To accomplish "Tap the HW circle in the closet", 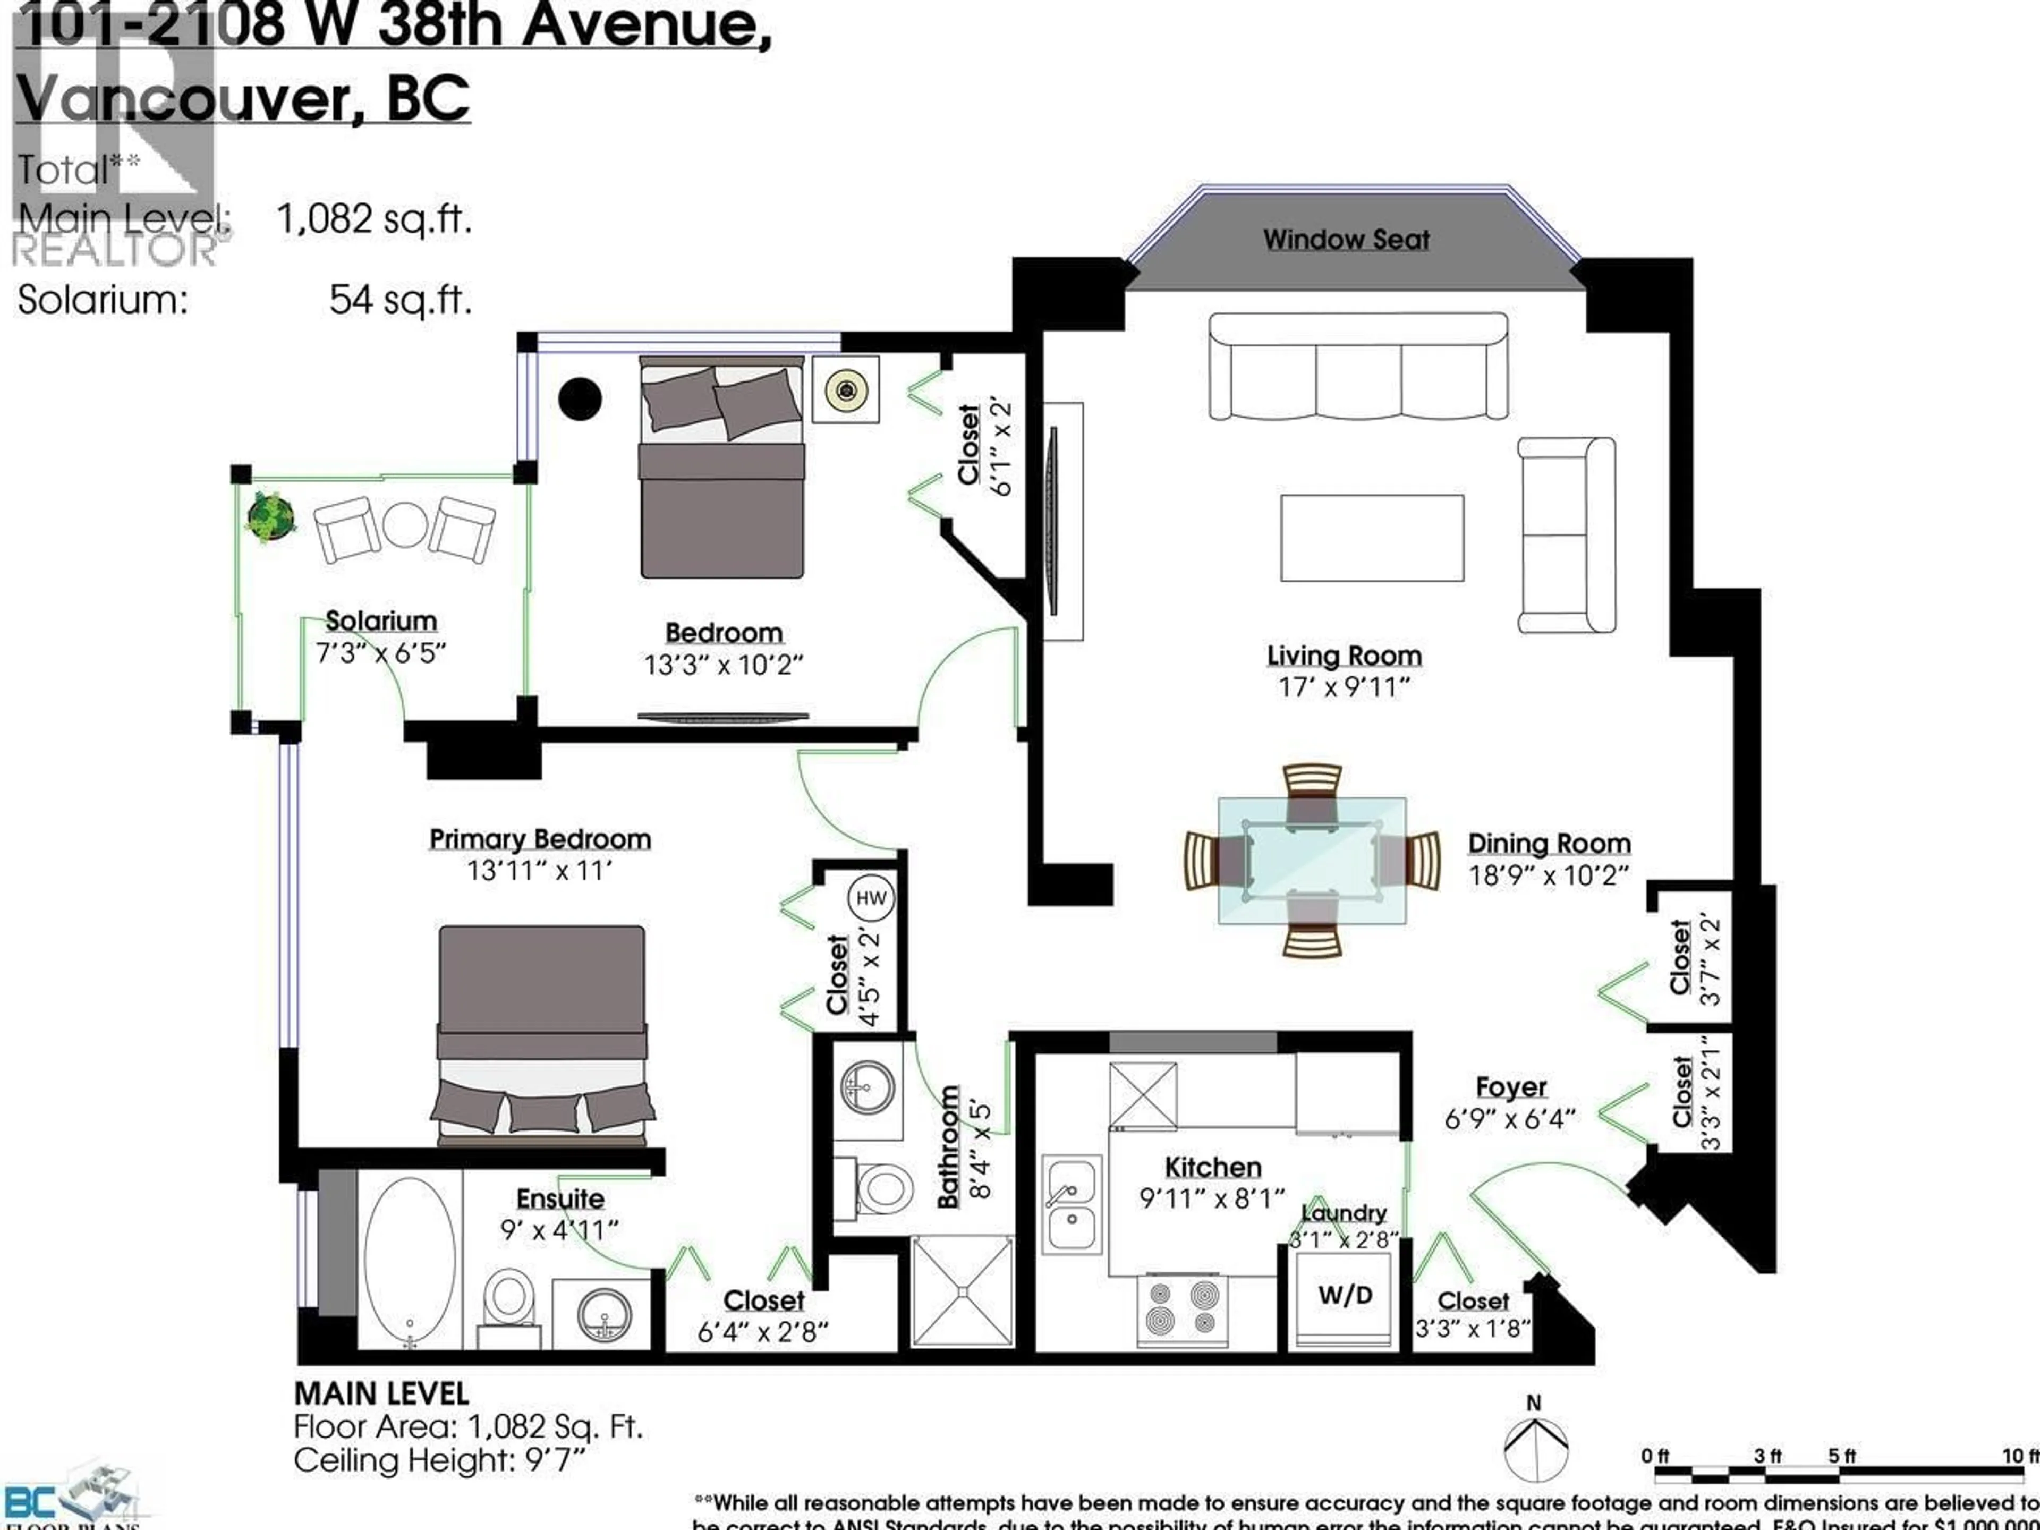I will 871,898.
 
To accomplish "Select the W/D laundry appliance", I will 1345,1296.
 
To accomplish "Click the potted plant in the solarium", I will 270,516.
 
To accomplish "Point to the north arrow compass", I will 1535,1448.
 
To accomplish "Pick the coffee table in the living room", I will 1371,538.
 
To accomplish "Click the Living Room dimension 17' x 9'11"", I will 1344,687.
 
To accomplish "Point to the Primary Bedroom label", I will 540,839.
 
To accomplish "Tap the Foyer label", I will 1511,1087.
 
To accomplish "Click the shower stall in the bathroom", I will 962,1290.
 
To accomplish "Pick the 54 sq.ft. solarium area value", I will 400,300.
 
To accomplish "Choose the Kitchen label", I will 1213,1168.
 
